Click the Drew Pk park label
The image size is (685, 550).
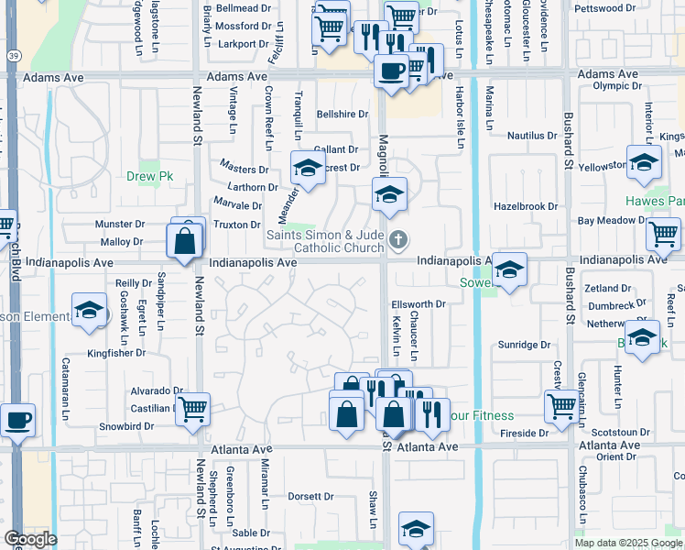pos(144,177)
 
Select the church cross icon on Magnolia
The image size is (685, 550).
pos(397,241)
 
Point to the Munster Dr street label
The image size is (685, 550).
pos(120,224)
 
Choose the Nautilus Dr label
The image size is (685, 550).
pos(532,135)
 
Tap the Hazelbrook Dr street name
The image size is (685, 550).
pos(526,207)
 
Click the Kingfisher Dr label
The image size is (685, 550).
pos(116,352)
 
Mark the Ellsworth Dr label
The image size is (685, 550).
pos(418,303)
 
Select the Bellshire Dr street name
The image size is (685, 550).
pos(342,115)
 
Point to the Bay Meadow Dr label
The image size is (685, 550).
pos(612,221)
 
